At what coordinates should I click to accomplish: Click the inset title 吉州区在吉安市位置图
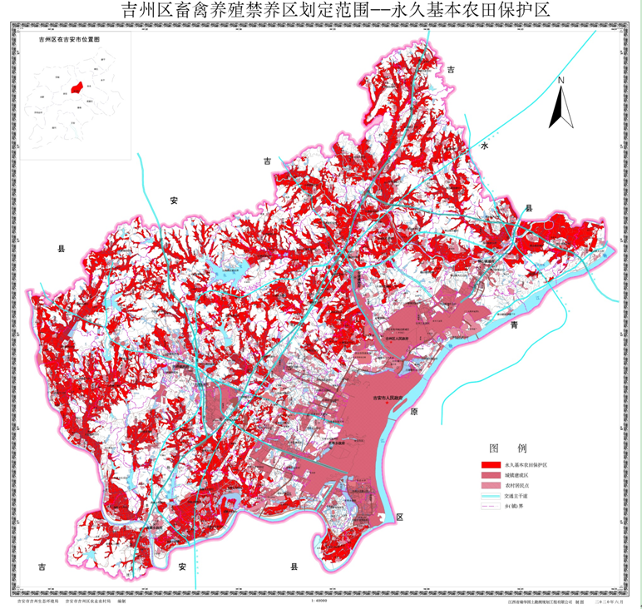(x=69, y=39)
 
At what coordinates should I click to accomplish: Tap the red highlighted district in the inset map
(x=76, y=87)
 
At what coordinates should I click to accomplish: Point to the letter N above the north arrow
(x=561, y=81)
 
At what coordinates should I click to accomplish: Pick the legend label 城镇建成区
(x=516, y=474)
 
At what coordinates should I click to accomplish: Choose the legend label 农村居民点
(x=516, y=484)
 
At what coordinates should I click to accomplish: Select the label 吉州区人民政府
(x=397, y=339)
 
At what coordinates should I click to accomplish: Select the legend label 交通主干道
(x=516, y=495)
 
